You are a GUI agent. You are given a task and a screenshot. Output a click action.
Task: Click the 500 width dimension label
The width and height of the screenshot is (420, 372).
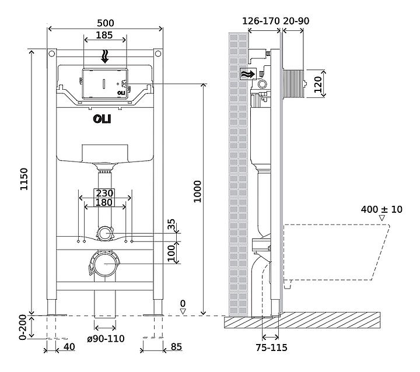[106, 22]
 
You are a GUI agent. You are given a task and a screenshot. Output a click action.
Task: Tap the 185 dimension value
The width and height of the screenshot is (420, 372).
[105, 35]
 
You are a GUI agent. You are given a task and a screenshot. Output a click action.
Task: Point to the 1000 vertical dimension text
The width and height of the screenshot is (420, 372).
[197, 191]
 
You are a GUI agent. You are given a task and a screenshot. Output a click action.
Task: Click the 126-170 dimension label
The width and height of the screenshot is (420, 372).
[260, 21]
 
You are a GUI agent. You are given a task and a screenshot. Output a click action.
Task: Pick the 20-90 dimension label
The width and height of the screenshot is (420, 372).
[296, 21]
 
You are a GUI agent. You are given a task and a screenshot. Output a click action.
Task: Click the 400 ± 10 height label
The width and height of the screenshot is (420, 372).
[381, 209]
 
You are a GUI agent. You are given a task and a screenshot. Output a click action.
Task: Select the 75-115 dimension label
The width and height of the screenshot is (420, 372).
[271, 348]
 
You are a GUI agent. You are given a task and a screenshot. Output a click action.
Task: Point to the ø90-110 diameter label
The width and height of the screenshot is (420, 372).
[105, 339]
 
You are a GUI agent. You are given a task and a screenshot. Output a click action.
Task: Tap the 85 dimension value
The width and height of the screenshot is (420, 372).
[176, 347]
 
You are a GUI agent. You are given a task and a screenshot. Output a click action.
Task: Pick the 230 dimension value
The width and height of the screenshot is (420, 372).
[105, 194]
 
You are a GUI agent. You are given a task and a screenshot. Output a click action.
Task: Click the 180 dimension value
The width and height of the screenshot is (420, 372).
[105, 203]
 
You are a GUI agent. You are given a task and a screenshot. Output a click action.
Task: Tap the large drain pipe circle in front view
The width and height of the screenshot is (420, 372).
[105, 264]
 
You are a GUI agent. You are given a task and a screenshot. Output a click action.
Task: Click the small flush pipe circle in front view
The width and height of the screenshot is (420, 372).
[105, 234]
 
